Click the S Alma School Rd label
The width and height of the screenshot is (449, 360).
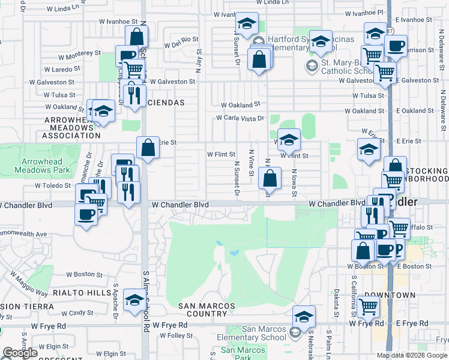click(145, 300)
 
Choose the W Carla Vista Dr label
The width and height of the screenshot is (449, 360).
click(240, 118)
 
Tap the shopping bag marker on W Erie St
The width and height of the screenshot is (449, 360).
click(148, 148)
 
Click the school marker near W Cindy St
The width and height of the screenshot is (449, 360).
click(134, 300)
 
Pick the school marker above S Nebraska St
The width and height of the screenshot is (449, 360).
click(304, 316)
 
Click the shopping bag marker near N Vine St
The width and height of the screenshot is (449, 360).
click(270, 178)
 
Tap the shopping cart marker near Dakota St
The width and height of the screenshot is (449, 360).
click(368, 307)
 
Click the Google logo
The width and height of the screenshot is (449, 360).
click(19, 353)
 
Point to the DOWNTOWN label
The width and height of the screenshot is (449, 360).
click(390, 295)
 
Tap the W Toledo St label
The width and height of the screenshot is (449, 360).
click(53, 186)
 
